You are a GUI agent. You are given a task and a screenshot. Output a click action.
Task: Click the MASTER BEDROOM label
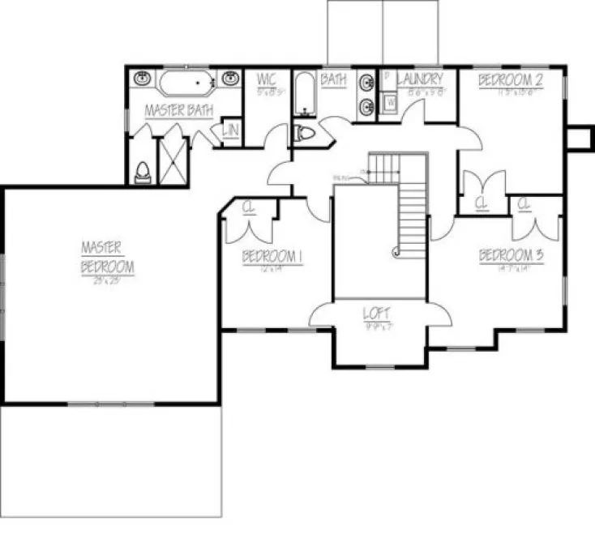tap(107, 256)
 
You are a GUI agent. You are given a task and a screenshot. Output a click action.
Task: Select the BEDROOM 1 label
tap(272, 258)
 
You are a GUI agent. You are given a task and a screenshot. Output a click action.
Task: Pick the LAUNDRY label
tap(420, 79)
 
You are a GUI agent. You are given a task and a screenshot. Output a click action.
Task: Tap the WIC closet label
tap(267, 79)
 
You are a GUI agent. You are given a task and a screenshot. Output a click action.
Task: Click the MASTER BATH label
tap(179, 110)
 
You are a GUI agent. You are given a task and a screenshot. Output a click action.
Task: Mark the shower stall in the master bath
tap(173, 160)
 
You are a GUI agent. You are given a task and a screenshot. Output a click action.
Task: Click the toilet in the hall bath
tap(305, 133)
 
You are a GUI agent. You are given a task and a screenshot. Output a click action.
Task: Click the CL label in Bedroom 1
tap(248, 208)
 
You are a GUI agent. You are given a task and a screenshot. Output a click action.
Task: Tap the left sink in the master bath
tap(142, 79)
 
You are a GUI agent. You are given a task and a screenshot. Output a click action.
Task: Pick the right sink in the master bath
tap(229, 79)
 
